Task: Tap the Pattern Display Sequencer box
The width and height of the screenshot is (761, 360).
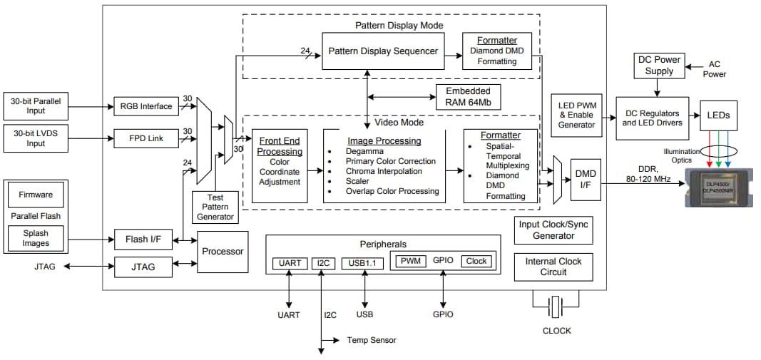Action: (x=383, y=51)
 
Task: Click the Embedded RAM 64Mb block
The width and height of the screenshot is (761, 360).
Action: (x=468, y=97)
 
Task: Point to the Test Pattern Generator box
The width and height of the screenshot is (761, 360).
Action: (x=215, y=207)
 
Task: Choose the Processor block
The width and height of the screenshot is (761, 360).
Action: (x=223, y=252)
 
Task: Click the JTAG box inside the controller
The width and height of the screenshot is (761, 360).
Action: (x=144, y=267)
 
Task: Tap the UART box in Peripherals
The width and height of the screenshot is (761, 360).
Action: (x=290, y=263)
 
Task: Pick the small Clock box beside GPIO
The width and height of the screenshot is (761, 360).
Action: (x=476, y=261)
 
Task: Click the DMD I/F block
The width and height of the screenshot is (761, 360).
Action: (x=585, y=179)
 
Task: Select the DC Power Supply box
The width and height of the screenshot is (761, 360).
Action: (x=658, y=66)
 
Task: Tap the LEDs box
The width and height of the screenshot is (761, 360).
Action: (x=718, y=115)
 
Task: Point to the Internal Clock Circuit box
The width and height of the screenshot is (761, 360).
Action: (x=553, y=267)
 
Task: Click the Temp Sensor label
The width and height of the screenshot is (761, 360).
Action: (x=372, y=340)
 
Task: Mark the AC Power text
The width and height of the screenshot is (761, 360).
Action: (x=715, y=69)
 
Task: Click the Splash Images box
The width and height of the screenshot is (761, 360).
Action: (x=36, y=237)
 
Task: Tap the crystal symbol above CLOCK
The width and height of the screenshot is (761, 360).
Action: (x=557, y=308)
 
